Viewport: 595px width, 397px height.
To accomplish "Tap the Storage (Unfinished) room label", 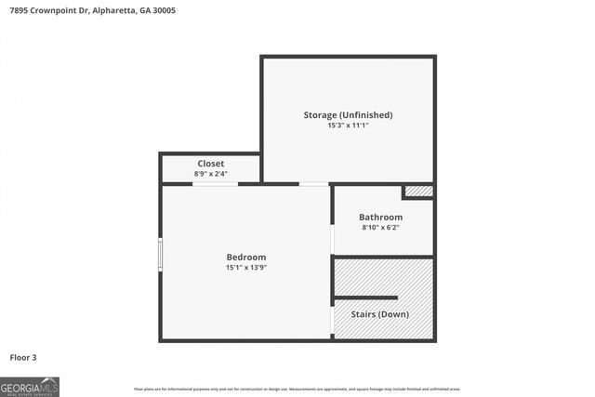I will tap(348, 115).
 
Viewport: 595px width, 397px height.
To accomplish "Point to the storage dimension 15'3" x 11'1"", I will tap(348, 126).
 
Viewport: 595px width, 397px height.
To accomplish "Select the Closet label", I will tap(210, 164).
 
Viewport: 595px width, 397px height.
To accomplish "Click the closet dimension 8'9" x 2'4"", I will tap(210, 174).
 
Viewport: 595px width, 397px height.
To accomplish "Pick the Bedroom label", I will tap(246, 258).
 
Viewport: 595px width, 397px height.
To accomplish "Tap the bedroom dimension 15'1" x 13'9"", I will tap(246, 268).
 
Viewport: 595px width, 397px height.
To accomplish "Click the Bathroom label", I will tap(380, 218).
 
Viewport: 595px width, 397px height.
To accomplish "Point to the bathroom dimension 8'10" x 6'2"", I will tap(380, 228).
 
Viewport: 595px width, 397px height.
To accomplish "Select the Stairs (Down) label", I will tap(379, 314).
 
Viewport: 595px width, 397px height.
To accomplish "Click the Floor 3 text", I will tap(23, 357).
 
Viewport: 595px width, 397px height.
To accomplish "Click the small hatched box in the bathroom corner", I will tap(418, 192).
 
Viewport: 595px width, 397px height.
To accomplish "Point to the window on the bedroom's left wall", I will tap(160, 254).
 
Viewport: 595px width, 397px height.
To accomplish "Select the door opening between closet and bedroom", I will tap(215, 184).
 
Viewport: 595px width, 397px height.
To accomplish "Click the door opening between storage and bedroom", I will tap(313, 184).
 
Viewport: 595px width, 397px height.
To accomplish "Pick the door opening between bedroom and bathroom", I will tap(332, 238).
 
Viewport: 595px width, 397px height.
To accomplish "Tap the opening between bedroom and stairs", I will tap(332, 319).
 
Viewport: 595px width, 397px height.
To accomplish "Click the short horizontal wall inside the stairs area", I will tap(365, 298).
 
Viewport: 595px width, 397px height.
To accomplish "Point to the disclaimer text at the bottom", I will tap(297, 389).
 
